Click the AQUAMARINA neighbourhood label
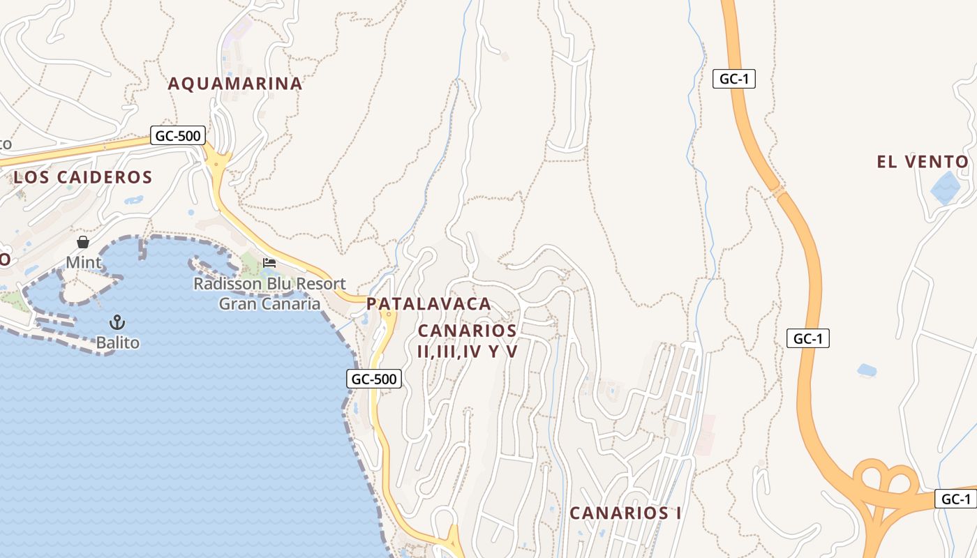tap(235, 84)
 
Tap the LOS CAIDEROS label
tap(83, 177)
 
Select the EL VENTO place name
tap(923, 163)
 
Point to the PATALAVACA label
tap(428, 304)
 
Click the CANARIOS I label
tap(625, 513)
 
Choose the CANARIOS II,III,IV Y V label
tap(468, 341)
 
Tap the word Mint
tap(84, 263)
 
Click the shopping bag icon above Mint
tap(83, 242)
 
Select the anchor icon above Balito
tap(117, 322)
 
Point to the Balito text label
tap(118, 343)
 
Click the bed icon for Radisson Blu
tap(269, 263)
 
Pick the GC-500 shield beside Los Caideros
tap(178, 135)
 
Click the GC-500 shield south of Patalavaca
tap(374, 379)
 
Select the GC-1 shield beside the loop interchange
tap(955, 499)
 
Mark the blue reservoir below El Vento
tap(946, 187)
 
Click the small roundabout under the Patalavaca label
tap(388, 316)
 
